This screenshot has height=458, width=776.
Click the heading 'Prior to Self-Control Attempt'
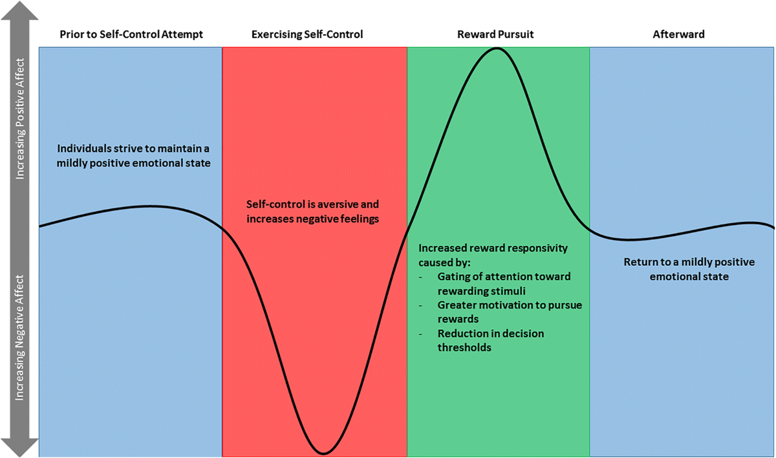[x=131, y=34]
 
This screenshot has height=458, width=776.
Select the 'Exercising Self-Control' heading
[x=307, y=34]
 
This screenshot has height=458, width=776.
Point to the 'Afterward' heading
[x=678, y=34]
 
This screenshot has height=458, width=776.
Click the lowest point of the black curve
[x=323, y=452]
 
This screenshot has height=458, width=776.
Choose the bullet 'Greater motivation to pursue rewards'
[x=510, y=311]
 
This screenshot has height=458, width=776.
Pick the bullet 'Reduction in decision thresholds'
[x=491, y=340]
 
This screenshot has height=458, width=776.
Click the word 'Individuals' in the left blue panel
[x=81, y=148]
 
